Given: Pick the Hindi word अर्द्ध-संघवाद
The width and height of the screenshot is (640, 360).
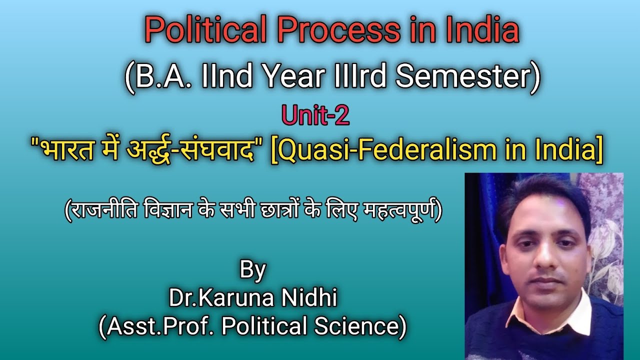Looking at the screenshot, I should (195, 150).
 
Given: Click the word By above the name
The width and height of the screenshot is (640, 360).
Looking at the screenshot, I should (252, 270).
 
